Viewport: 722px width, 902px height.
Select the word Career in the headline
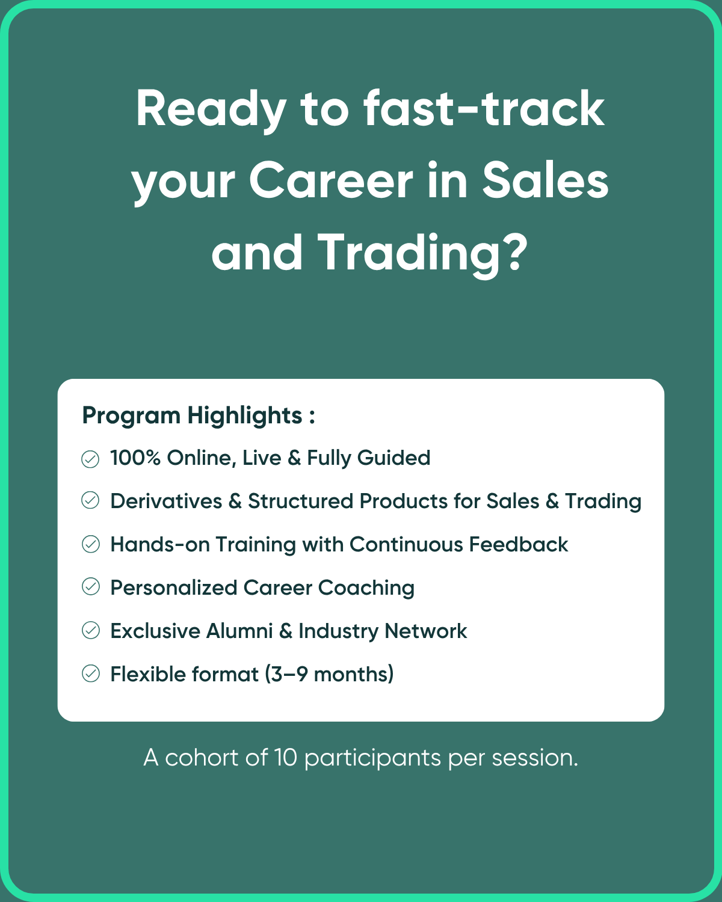(x=331, y=180)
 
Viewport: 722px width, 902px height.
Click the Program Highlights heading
(x=199, y=416)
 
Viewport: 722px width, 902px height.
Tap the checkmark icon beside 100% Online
(x=90, y=459)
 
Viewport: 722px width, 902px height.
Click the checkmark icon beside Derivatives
(x=90, y=500)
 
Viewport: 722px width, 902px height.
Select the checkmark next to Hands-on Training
(x=90, y=544)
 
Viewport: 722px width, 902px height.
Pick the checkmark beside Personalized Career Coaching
(x=90, y=586)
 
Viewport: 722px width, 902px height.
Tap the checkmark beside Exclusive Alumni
(x=90, y=630)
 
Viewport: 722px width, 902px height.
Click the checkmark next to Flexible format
(x=90, y=673)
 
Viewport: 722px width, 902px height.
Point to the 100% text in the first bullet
(x=135, y=457)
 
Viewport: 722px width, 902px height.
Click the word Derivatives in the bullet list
(x=166, y=501)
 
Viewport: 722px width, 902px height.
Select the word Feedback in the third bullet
(x=519, y=544)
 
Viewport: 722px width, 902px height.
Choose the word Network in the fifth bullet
(x=426, y=631)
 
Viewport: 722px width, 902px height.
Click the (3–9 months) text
(x=329, y=675)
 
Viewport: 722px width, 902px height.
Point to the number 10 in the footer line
(x=285, y=758)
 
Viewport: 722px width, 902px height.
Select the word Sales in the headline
(x=545, y=180)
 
